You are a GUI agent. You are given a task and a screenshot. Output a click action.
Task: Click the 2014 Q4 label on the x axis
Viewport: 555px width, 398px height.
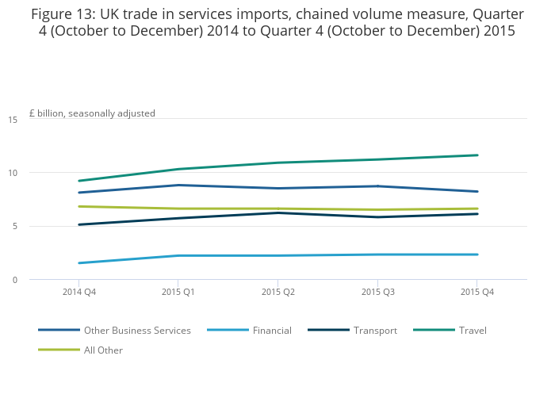[x=78, y=293]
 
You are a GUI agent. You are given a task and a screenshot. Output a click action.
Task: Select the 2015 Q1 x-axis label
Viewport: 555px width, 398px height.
[x=178, y=293]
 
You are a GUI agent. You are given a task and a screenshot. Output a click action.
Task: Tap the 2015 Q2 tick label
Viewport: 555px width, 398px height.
[x=278, y=293]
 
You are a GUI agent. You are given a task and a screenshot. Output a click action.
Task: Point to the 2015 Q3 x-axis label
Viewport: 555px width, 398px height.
[x=377, y=293]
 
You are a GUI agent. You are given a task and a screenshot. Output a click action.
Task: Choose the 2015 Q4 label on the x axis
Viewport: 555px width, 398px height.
[x=477, y=293]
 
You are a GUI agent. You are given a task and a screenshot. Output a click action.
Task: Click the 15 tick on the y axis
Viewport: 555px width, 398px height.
[x=13, y=120]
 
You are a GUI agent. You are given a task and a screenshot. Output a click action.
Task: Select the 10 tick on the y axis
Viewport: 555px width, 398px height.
[x=13, y=173]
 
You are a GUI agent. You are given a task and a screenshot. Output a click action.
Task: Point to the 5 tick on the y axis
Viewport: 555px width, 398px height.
[x=15, y=227]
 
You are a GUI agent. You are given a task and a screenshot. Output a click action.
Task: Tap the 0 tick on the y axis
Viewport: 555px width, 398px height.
[x=15, y=280]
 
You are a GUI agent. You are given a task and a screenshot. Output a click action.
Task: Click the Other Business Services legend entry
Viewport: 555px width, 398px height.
[x=137, y=331]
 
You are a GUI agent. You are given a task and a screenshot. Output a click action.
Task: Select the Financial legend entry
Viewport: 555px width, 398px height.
[x=272, y=331]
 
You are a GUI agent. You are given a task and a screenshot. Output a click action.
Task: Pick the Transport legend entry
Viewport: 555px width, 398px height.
[x=375, y=331]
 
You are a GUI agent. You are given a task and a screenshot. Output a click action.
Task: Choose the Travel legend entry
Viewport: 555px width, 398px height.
[x=473, y=331]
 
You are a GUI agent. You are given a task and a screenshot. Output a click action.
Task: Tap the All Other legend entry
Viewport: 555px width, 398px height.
[x=103, y=350]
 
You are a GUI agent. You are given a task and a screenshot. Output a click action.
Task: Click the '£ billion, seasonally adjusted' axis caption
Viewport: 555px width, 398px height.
[x=92, y=113]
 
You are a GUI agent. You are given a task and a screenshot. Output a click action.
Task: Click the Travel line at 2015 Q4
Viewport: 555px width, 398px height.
[x=477, y=155]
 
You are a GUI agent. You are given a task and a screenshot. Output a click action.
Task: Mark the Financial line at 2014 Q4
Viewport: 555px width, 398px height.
[x=78, y=263]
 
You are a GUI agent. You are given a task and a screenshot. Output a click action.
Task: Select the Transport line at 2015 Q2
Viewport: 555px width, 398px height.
[x=278, y=212]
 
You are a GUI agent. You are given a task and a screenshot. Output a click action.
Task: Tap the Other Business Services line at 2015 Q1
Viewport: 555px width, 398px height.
[x=178, y=185]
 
